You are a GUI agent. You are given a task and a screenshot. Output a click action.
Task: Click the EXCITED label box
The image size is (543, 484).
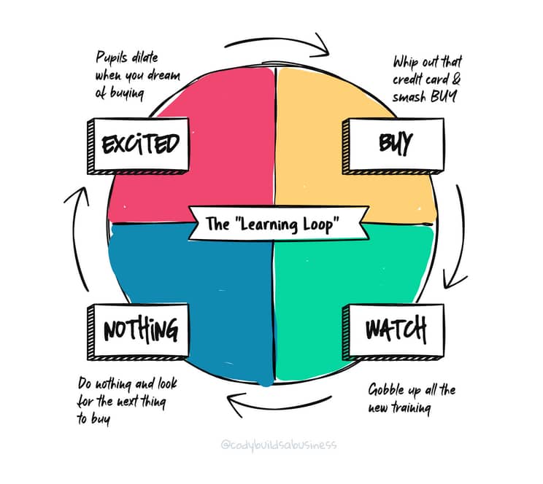coord(138,146)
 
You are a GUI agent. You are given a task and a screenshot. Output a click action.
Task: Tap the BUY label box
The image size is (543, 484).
coord(393,146)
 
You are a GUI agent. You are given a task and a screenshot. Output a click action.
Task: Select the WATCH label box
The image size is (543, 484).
coord(393,332)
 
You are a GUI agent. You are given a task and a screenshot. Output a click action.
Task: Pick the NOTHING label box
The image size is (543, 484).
coord(138,332)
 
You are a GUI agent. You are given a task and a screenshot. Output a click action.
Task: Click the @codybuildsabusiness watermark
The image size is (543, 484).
coord(278,445)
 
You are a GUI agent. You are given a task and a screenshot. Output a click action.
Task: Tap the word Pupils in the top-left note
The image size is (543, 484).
coord(112,58)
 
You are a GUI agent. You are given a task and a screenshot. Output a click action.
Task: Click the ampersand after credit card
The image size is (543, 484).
coord(456,79)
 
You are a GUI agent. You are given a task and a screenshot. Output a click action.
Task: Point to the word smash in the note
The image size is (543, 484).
coord(409,96)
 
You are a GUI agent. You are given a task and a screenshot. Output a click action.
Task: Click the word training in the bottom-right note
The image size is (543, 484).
coord(412,408)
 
